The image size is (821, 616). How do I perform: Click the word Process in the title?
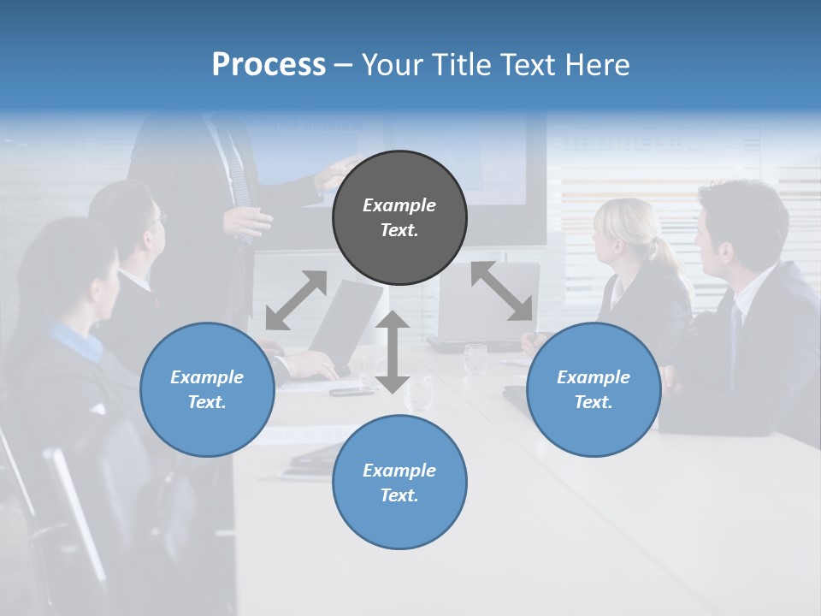[269, 65]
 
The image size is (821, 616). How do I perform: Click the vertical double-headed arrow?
[393, 352]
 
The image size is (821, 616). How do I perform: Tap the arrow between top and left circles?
[296, 299]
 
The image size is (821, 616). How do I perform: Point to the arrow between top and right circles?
[501, 291]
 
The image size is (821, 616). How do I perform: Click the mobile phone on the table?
[351, 392]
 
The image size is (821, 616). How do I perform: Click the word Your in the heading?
[393, 65]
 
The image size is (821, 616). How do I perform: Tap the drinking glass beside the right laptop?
[475, 358]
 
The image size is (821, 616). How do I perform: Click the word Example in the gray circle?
[399, 205]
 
